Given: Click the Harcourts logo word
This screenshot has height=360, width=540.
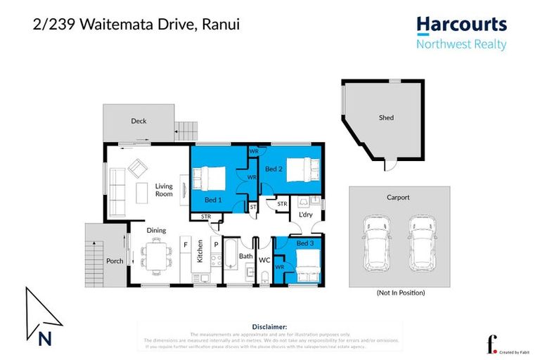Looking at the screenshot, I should click(461, 25).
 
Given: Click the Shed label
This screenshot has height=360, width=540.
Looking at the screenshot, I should click(385, 118).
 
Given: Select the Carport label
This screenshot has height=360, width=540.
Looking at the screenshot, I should click(399, 198).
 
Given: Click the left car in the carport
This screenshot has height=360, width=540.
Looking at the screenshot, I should click(375, 242).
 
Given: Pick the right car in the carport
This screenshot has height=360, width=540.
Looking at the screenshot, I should click(422, 242).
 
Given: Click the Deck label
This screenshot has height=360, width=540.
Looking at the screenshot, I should click(139, 121).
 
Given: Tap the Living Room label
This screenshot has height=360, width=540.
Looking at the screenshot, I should click(164, 190).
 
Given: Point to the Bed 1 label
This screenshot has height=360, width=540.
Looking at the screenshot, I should click(214, 200).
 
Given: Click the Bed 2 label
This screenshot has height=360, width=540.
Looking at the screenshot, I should click(274, 169).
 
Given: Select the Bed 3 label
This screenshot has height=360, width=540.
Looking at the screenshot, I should click(305, 243).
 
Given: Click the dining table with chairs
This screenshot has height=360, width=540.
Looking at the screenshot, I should click(155, 255).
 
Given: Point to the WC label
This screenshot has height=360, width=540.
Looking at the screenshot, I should click(264, 260).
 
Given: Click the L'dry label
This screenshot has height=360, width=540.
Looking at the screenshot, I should click(306, 214).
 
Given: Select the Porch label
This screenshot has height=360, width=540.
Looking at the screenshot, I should click(115, 261).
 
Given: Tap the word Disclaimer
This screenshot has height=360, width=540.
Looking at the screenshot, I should click(269, 327).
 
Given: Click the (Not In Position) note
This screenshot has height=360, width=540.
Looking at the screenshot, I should click(400, 292).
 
